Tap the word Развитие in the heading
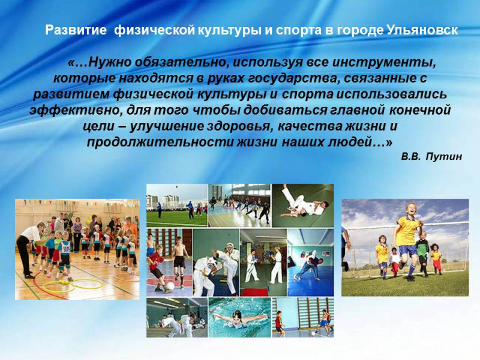coord(76,30)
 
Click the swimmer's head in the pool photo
coord(236,314)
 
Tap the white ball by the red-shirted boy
coord(170,286)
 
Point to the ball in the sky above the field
coord(176,187)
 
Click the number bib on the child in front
coord(65,247)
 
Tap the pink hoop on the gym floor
coord(127,277)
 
